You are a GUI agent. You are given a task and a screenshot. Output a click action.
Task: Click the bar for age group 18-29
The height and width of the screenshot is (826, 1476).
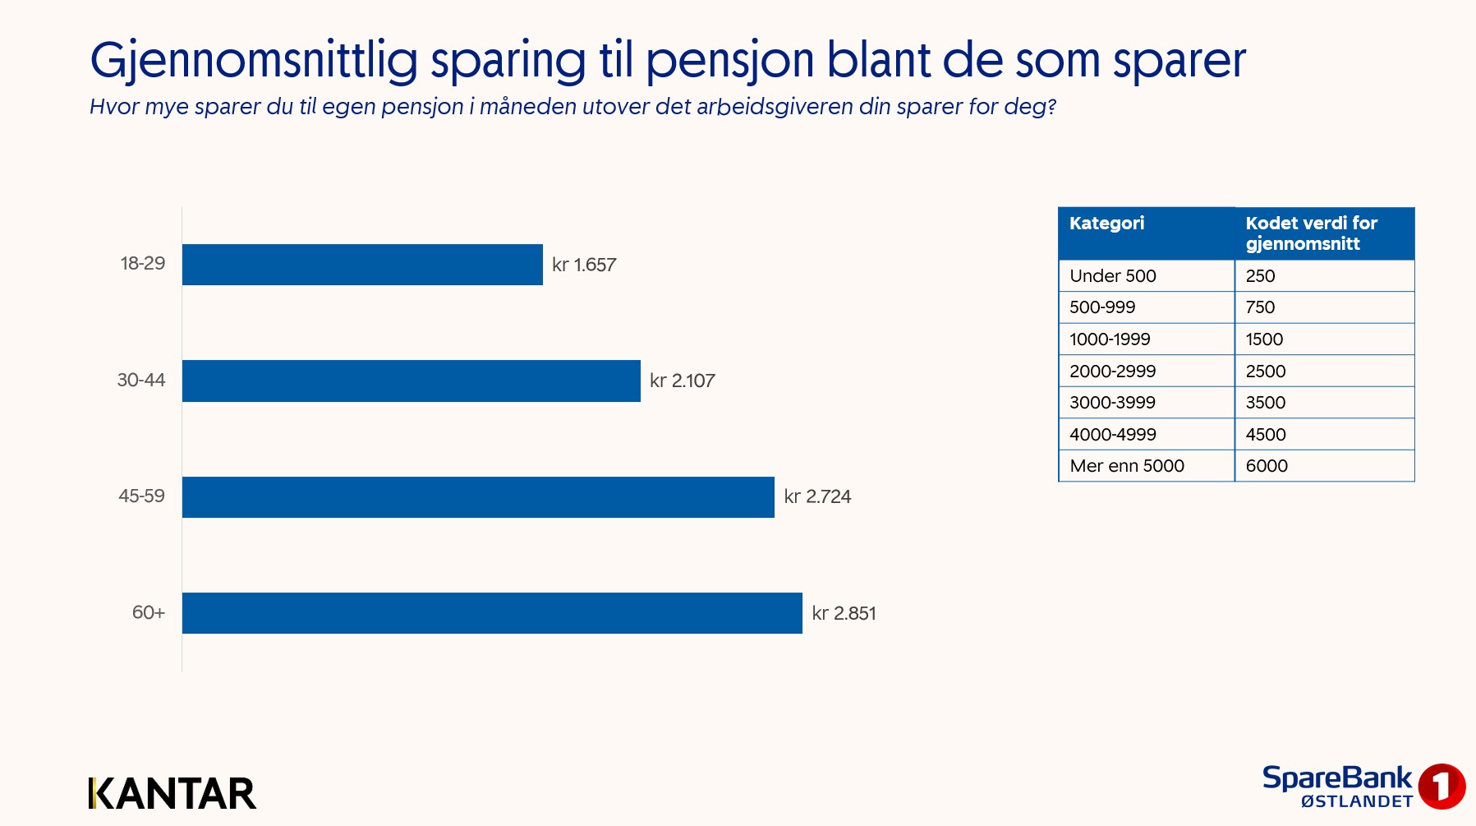click(x=362, y=265)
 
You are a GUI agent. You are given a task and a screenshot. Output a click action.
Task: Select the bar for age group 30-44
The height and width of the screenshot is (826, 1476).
click(x=411, y=381)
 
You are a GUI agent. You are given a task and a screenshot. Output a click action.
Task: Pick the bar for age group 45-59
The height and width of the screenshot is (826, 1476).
click(x=478, y=497)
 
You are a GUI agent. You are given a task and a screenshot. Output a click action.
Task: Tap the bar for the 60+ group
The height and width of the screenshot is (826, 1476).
click(x=492, y=613)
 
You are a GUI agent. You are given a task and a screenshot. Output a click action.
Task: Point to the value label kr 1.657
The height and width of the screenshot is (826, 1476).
click(x=584, y=265)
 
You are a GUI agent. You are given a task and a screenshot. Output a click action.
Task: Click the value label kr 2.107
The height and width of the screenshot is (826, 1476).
click(x=682, y=381)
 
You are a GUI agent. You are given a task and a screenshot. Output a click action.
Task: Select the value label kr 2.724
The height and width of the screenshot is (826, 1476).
click(x=817, y=496)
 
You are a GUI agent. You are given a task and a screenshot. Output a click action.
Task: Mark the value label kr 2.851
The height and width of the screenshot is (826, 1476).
click(x=844, y=613)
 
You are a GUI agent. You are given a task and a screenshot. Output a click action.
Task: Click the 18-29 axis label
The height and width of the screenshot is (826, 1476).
click(x=143, y=264)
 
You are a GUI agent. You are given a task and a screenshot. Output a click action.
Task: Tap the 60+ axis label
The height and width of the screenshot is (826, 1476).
click(x=149, y=612)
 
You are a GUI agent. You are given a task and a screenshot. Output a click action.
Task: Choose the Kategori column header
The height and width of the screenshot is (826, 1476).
click(x=1106, y=224)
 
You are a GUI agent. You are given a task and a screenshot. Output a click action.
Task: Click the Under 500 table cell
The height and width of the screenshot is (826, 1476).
click(x=1112, y=276)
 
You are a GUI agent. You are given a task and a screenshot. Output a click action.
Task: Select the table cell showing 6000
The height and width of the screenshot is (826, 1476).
click(x=1267, y=466)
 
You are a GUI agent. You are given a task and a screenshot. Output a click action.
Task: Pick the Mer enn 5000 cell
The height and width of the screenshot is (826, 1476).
click(x=1126, y=466)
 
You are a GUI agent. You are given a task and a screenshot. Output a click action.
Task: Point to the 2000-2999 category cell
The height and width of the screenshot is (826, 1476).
click(x=1112, y=371)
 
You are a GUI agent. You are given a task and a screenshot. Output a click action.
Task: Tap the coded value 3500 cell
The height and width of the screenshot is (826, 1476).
click(x=1265, y=403)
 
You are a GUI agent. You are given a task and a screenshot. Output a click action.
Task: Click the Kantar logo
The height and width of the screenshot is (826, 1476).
click(x=172, y=793)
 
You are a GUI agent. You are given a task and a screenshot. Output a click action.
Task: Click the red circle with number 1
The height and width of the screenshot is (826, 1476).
click(x=1442, y=786)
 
